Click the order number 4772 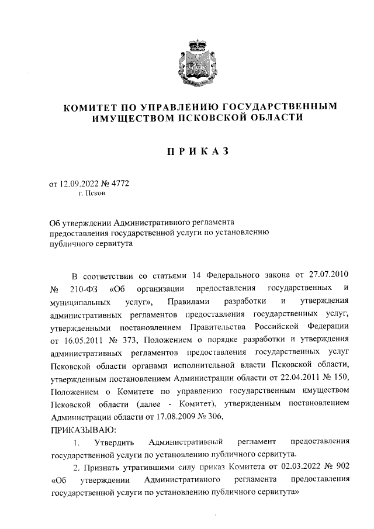(x=119, y=184)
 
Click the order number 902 (x=342, y=468)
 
